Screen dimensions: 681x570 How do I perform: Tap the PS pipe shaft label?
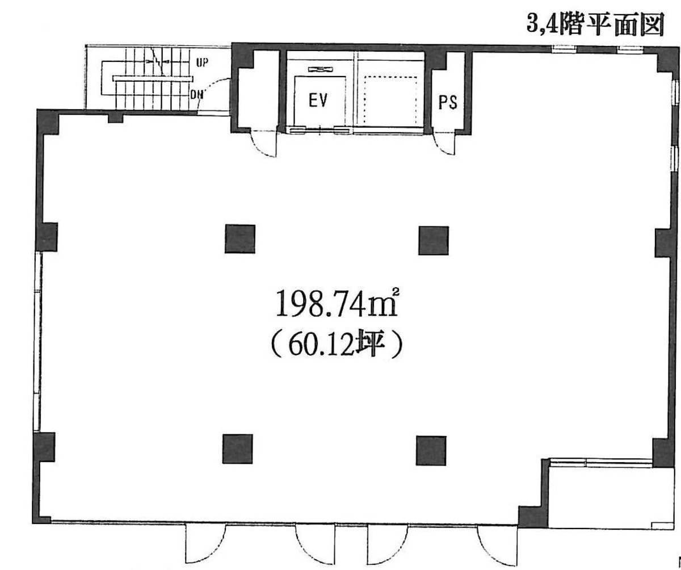pyautogui.click(x=448, y=102)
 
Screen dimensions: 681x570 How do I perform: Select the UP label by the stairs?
pyautogui.click(x=202, y=62)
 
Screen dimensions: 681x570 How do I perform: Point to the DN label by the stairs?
pyautogui.click(x=197, y=95)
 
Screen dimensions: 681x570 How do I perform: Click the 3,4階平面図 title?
pyautogui.click(x=595, y=24)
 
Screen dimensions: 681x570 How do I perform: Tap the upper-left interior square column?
pyautogui.click(x=239, y=239)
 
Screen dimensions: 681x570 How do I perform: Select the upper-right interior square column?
pyautogui.click(x=434, y=241)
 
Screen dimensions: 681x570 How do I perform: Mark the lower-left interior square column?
pyautogui.click(x=237, y=449)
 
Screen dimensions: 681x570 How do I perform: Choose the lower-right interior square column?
pyautogui.click(x=431, y=451)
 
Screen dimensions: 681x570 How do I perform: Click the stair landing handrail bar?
pyautogui.click(x=153, y=79)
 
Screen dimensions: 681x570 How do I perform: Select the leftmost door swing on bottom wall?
pyautogui.click(x=205, y=543)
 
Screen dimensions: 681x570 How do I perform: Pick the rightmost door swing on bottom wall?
pyautogui.click(x=497, y=544)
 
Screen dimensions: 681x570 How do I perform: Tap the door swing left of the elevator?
pyautogui.click(x=263, y=143)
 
